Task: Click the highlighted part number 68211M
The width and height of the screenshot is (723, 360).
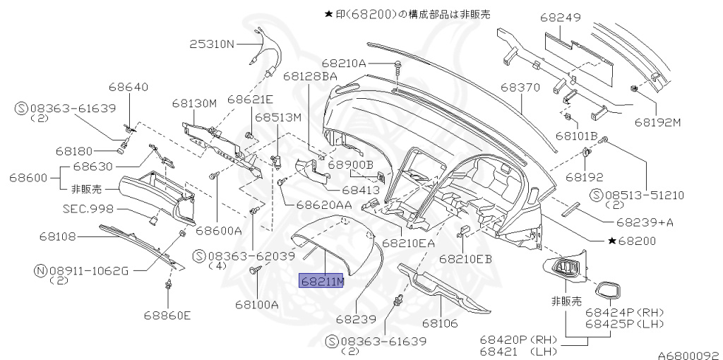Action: tap(322, 281)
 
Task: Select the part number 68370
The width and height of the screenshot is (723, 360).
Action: tap(520, 88)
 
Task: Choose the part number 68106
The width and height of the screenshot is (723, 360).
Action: tap(441, 323)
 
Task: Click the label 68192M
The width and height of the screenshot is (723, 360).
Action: tap(657, 121)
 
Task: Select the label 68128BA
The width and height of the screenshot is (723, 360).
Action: tap(310, 75)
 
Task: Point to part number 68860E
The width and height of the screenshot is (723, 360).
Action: tap(167, 315)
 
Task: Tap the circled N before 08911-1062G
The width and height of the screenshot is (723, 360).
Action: tap(40, 269)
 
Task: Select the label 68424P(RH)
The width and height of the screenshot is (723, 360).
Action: tap(625, 311)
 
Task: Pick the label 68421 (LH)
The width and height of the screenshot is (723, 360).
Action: tap(518, 351)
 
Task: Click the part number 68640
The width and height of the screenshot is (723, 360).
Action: tap(129, 88)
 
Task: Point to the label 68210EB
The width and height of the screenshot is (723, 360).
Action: tap(465, 259)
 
